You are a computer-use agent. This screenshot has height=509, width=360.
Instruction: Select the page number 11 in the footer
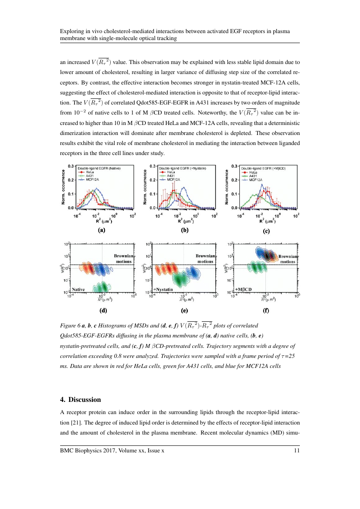[x=297, y=451]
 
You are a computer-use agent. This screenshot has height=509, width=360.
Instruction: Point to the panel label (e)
[x=184, y=311]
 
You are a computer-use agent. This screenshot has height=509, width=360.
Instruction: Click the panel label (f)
[x=266, y=311]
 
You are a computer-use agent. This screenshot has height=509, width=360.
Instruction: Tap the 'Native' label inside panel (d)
[x=78, y=289]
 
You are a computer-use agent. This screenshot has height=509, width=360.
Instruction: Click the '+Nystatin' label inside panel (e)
[x=163, y=289]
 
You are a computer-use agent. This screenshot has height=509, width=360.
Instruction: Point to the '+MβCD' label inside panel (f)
[x=244, y=289]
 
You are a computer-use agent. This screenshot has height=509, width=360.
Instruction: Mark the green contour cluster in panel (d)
[x=101, y=287]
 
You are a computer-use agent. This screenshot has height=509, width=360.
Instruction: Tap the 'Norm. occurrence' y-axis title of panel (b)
[x=145, y=187]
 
